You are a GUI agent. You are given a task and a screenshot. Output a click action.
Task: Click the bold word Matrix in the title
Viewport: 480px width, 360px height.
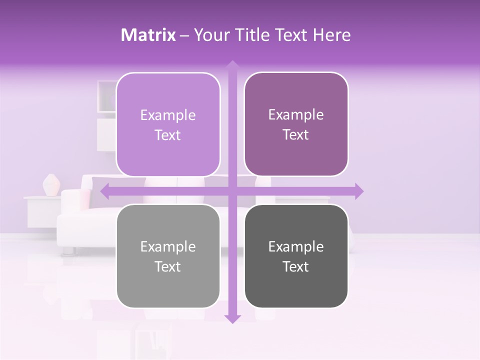[x=148, y=35]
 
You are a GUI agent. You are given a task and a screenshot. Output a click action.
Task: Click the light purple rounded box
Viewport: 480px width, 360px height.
[x=168, y=125]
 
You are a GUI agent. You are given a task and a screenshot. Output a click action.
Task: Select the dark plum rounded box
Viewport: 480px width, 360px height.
[x=296, y=124]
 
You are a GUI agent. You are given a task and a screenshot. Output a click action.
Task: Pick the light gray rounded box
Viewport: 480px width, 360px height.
[x=168, y=256]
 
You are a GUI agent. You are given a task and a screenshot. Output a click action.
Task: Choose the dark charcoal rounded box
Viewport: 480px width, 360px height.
[x=296, y=256]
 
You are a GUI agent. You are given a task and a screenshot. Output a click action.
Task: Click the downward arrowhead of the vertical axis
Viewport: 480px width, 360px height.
[x=232, y=318]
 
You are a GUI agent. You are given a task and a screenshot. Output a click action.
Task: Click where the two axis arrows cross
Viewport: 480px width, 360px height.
[x=232, y=191]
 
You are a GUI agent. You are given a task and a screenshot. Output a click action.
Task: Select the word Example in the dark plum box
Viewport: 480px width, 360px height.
[x=296, y=114]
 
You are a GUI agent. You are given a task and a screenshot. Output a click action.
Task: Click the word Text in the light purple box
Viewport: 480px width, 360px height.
[x=167, y=135]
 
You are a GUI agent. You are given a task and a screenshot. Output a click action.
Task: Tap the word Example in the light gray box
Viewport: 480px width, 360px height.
[x=168, y=246]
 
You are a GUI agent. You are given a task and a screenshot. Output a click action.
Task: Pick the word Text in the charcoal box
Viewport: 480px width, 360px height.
[x=295, y=266]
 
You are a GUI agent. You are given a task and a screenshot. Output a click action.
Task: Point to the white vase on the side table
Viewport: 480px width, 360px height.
[x=51, y=185]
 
